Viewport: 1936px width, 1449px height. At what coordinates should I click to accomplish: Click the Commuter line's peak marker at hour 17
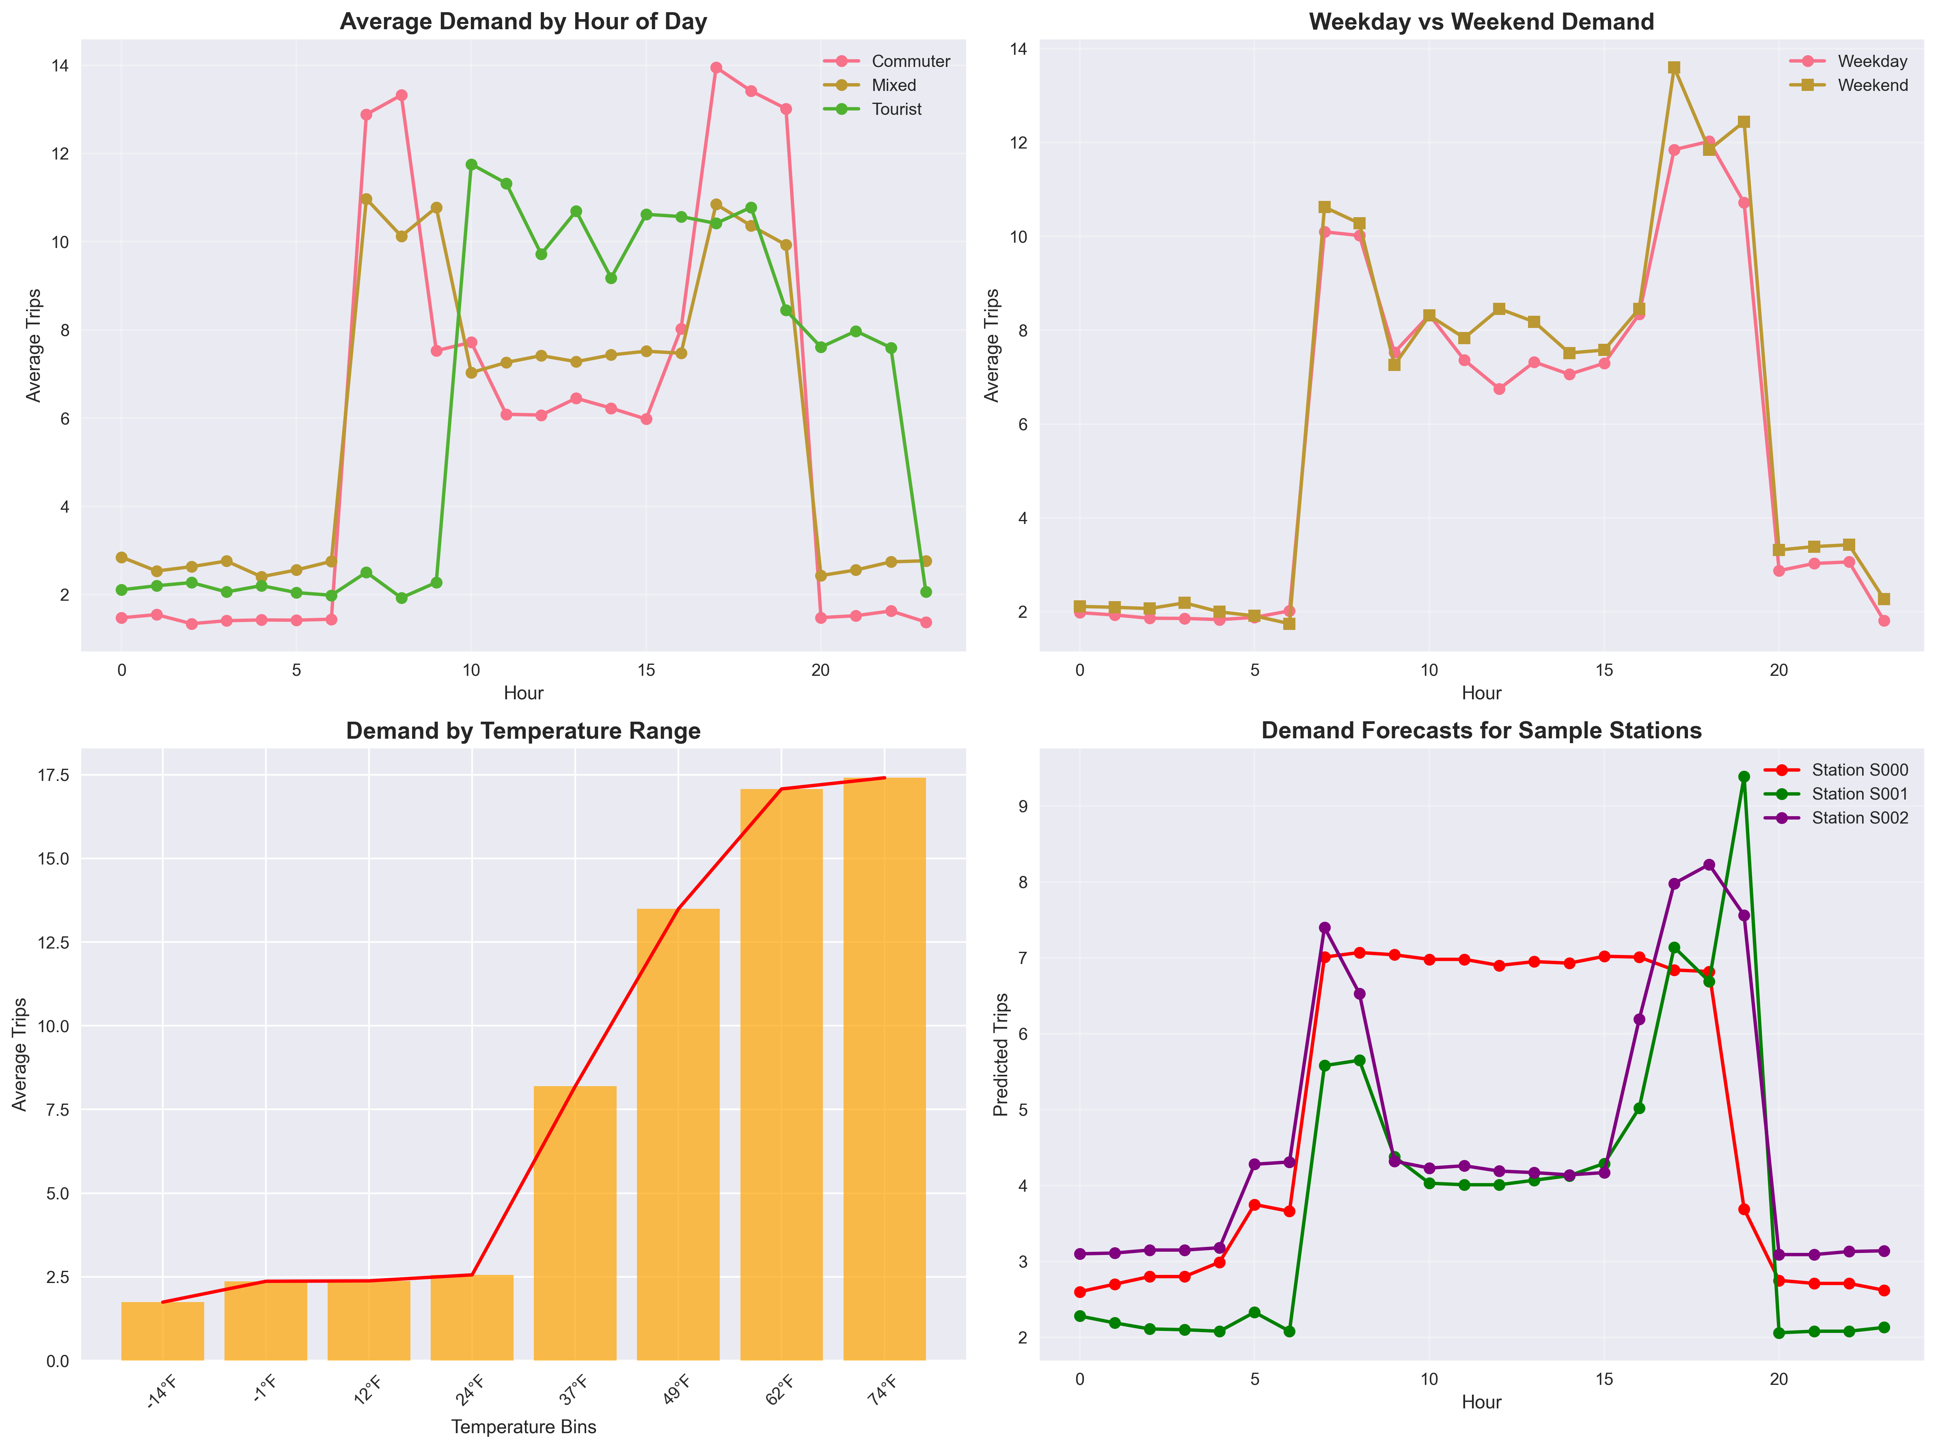coord(716,67)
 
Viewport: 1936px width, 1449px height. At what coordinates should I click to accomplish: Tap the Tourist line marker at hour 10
coord(471,164)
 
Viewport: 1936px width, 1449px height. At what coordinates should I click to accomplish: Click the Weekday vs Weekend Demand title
coord(1481,22)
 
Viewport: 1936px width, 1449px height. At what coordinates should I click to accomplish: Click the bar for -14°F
coord(163,1330)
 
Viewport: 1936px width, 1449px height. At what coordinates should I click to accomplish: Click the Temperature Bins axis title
coord(523,1427)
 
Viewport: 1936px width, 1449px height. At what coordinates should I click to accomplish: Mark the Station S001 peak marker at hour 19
coord(1744,776)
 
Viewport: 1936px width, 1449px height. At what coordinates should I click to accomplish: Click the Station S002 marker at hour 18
coord(1708,865)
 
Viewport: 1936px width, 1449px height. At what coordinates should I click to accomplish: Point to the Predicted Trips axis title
coord(1001,1054)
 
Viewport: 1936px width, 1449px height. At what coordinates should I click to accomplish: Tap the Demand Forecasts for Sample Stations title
coord(1481,731)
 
